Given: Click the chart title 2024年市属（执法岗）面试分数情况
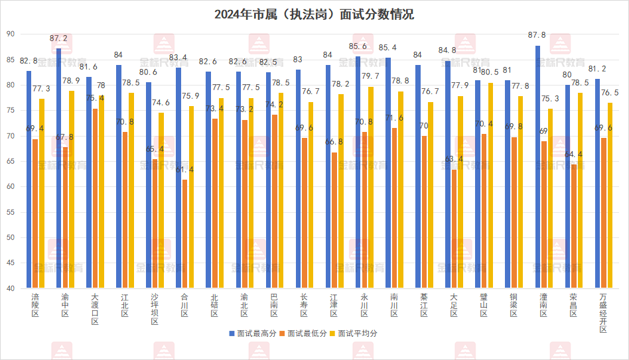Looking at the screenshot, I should (x=314, y=14).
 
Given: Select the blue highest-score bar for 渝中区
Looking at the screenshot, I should (x=58, y=168).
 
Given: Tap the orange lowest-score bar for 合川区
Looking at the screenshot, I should (x=184, y=234).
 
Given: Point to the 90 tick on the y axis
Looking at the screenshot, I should (x=10, y=34).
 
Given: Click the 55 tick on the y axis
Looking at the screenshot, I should (x=10, y=212).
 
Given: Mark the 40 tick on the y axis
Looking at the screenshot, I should (x=10, y=288).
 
